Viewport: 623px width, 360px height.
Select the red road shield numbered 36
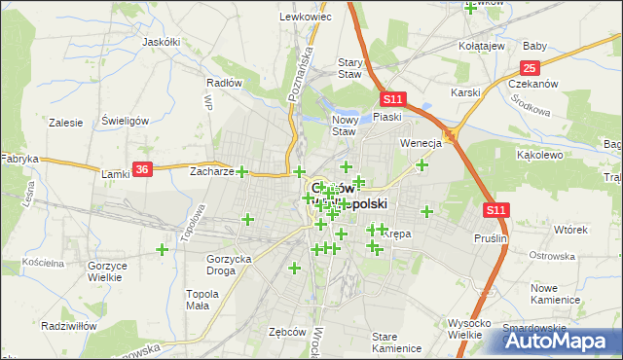142,168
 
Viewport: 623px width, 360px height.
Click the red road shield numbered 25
530,67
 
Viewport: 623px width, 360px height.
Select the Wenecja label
421,142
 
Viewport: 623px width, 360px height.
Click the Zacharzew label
212,171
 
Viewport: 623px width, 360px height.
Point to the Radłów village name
224,83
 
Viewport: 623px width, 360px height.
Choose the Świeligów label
124,121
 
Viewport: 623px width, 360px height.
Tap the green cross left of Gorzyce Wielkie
162,250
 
